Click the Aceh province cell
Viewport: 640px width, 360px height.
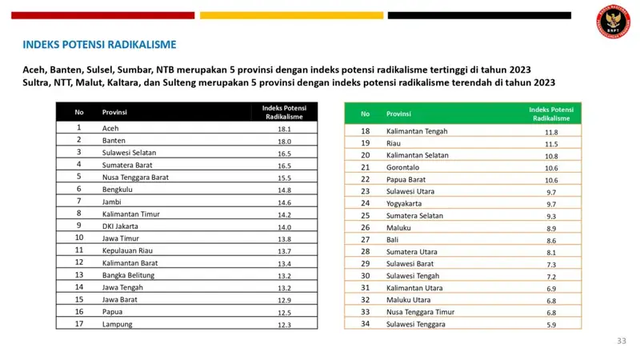[x=110, y=128]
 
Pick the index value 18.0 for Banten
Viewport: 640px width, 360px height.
[x=283, y=140]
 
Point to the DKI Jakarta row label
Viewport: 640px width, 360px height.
[x=119, y=226]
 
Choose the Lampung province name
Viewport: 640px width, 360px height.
[x=116, y=324]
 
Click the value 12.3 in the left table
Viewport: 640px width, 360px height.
[x=283, y=324]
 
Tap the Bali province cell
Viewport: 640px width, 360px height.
[x=393, y=239]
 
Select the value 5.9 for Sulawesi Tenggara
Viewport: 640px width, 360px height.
[x=551, y=324]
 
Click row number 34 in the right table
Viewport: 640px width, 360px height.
[x=366, y=324]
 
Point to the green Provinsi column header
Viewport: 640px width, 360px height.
[x=398, y=114]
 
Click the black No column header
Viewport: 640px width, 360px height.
[x=79, y=112]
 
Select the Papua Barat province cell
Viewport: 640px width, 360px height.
[x=406, y=179]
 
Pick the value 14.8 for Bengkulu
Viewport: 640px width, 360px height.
[x=283, y=189]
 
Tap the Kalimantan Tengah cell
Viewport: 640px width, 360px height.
[x=416, y=131]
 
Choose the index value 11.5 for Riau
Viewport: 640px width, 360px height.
[x=551, y=143]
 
